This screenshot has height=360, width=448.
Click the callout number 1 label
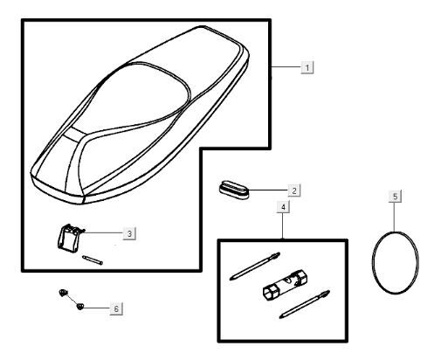click(x=307, y=67)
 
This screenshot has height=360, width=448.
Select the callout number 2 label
click(x=294, y=190)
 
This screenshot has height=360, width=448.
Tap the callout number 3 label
click(x=129, y=233)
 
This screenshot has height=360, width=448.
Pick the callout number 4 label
click(x=283, y=207)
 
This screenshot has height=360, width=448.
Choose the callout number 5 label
click(x=395, y=197)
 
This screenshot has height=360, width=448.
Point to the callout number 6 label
click(x=116, y=308)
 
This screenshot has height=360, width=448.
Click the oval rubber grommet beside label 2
click(x=234, y=190)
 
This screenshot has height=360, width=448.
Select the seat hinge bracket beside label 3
click(x=70, y=238)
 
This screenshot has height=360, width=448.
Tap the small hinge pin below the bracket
click(x=93, y=260)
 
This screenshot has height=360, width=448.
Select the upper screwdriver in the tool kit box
click(x=255, y=266)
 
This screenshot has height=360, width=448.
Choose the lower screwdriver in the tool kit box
click(x=305, y=304)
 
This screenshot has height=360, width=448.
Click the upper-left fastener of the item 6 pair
click(x=63, y=293)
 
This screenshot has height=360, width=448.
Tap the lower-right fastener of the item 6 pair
click(x=79, y=306)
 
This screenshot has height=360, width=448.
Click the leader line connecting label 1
click(x=286, y=67)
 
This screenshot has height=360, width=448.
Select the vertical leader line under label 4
click(x=283, y=226)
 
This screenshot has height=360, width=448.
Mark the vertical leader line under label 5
click(x=395, y=217)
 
